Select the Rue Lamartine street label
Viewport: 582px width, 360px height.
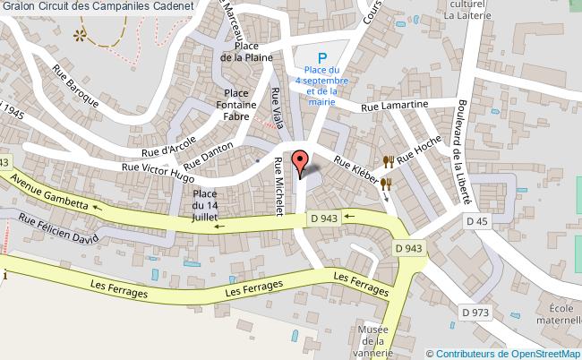pyautogui.click(x=395, y=106)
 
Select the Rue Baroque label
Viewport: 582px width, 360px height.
pyautogui.click(x=75, y=83)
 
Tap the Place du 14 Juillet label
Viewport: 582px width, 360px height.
pyautogui.click(x=205, y=206)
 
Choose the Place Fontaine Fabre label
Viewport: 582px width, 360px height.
pyautogui.click(x=236, y=104)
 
